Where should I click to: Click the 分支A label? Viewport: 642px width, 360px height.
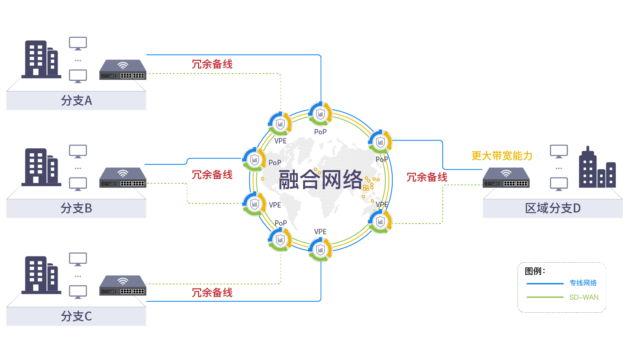click(x=76, y=100)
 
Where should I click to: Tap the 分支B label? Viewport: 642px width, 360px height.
click(x=76, y=208)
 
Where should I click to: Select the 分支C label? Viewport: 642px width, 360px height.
click(x=76, y=316)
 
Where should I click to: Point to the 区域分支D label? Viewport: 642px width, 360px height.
click(x=553, y=208)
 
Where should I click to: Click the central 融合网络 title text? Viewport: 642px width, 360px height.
click(x=320, y=180)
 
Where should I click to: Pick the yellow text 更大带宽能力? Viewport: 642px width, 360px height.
click(x=502, y=156)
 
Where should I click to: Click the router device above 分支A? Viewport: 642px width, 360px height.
click(x=123, y=70)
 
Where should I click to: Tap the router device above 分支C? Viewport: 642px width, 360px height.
click(x=123, y=286)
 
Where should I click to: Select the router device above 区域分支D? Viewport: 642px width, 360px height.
click(x=506, y=178)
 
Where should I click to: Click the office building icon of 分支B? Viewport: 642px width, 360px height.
click(x=41, y=167)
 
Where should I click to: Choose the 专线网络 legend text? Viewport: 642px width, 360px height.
click(x=583, y=283)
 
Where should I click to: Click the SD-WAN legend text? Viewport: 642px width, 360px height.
click(x=584, y=297)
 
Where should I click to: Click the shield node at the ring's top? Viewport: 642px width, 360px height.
click(x=320, y=114)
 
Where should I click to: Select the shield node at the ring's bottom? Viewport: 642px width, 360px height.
click(x=320, y=249)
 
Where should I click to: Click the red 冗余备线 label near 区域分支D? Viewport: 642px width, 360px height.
click(x=427, y=177)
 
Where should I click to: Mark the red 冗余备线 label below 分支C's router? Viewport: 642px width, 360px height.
click(x=212, y=293)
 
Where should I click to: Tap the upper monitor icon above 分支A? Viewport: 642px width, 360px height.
click(x=78, y=43)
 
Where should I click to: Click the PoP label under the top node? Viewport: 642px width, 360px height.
click(x=320, y=132)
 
